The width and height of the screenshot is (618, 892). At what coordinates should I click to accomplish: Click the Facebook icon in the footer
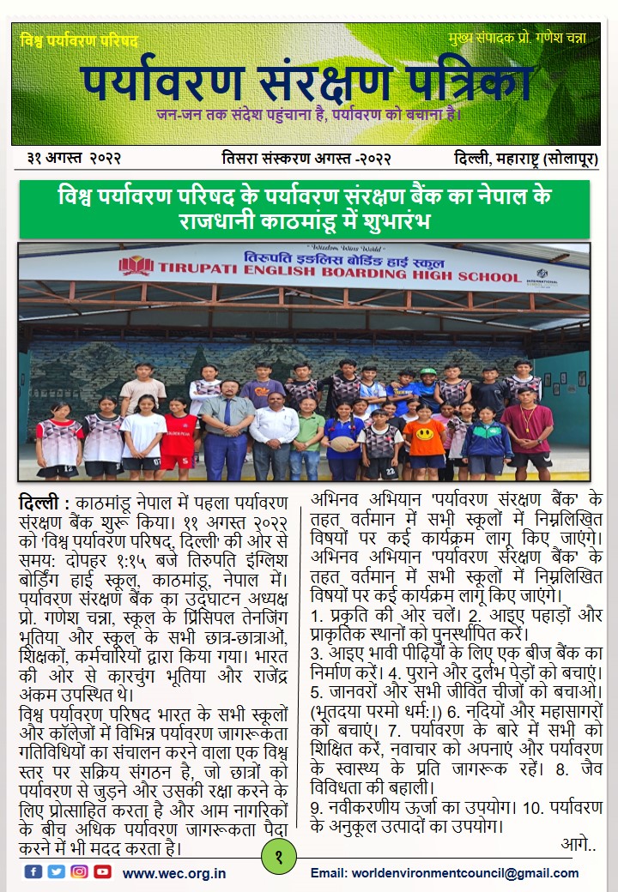(x=33, y=871)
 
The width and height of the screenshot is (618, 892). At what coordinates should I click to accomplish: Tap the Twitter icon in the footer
(x=57, y=871)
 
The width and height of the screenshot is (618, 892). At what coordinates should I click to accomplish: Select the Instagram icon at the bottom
(x=80, y=871)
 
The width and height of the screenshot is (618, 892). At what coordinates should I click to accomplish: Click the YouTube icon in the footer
(x=103, y=871)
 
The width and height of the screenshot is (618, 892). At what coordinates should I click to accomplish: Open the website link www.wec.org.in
(x=174, y=873)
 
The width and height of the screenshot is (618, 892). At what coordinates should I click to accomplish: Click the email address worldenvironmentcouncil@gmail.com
(x=445, y=873)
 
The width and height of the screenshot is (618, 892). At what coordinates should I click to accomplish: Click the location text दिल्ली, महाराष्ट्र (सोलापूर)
(x=526, y=159)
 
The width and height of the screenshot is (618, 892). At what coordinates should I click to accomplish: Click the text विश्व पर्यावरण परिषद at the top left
(x=79, y=40)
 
